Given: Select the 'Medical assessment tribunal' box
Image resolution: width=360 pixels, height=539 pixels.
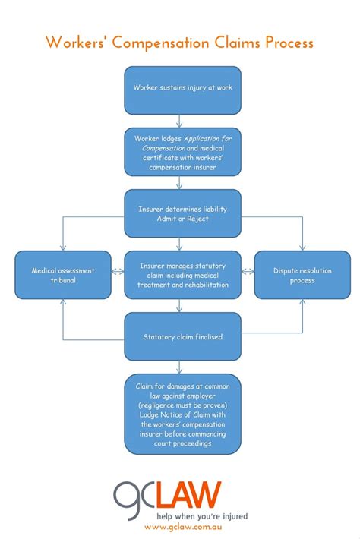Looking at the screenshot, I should click(64, 275).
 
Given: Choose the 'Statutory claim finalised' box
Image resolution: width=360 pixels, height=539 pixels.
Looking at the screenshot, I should click(182, 336).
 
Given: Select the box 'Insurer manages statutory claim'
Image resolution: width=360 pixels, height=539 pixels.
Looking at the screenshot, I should click(182, 275).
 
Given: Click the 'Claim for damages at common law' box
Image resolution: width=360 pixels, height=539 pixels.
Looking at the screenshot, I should click(182, 414).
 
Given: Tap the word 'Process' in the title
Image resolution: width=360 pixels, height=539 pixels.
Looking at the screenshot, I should click(289, 43).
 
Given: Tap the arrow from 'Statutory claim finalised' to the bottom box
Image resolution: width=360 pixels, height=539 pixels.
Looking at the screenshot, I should click(179, 366).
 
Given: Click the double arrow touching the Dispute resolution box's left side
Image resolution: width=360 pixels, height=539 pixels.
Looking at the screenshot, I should click(248, 270).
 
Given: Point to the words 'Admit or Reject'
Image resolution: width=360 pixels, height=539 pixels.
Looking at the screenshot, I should click(182, 219).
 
